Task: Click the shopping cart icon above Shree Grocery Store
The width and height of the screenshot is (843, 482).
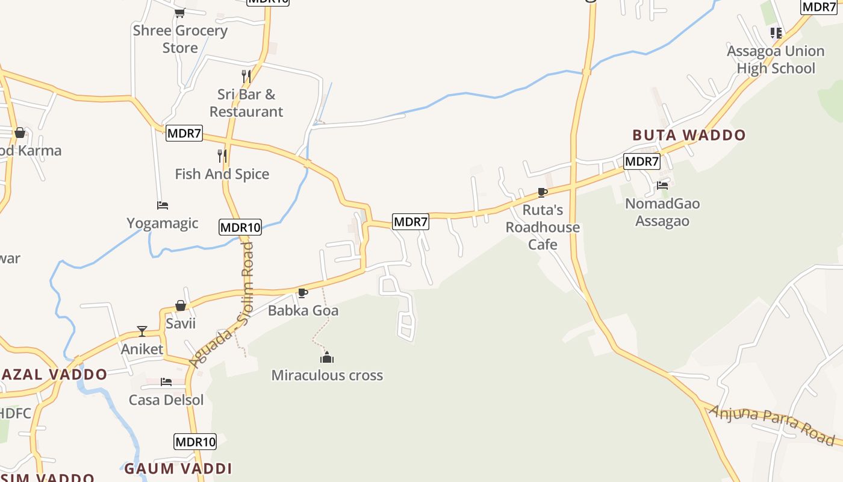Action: pyautogui.click(x=179, y=12)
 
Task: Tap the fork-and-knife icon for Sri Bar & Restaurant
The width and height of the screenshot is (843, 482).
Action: pyautogui.click(x=246, y=77)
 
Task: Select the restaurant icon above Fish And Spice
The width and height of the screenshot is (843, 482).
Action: pyautogui.click(x=222, y=156)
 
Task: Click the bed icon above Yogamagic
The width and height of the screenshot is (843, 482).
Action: pyautogui.click(x=163, y=205)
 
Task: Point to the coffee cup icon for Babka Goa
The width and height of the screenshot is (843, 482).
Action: pyautogui.click(x=303, y=293)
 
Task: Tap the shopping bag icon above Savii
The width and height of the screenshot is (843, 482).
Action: pyautogui.click(x=180, y=306)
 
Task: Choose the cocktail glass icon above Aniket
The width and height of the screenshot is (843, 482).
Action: pyautogui.click(x=142, y=331)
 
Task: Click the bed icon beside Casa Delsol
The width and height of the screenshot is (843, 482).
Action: pyautogui.click(x=166, y=382)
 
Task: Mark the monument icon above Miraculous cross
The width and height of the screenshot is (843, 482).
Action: pyautogui.click(x=327, y=357)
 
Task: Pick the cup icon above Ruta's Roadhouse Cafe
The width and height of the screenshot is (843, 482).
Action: pyautogui.click(x=542, y=193)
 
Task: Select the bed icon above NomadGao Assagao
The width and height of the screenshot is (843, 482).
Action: pyautogui.click(x=662, y=186)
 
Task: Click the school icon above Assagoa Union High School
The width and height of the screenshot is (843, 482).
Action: pyautogui.click(x=776, y=33)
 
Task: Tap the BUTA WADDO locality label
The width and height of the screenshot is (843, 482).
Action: pyautogui.click(x=689, y=135)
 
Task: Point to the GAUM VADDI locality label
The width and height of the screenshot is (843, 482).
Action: pyautogui.click(x=178, y=468)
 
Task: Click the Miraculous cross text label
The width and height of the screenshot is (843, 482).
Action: pyautogui.click(x=327, y=375)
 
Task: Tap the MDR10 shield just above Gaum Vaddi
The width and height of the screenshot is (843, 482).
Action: pyautogui.click(x=195, y=442)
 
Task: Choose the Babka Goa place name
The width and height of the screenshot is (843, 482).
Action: pyautogui.click(x=303, y=311)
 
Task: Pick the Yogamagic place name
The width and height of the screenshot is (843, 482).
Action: pyautogui.click(x=163, y=224)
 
